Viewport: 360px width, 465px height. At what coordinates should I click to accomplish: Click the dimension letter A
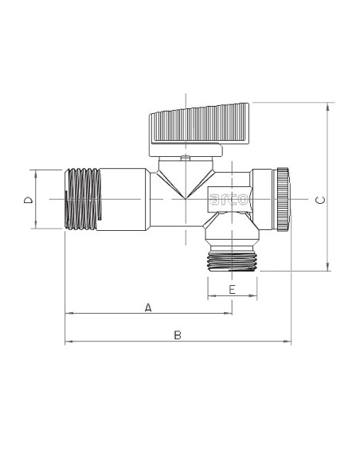point(147,307)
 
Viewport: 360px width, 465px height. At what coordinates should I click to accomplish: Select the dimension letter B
point(178,335)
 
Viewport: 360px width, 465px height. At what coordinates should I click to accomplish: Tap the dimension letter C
point(319,200)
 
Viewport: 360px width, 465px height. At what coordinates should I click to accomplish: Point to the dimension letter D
point(27,200)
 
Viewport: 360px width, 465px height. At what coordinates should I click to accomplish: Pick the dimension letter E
point(232,290)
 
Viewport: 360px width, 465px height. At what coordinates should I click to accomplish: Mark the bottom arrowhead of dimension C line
point(327,268)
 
